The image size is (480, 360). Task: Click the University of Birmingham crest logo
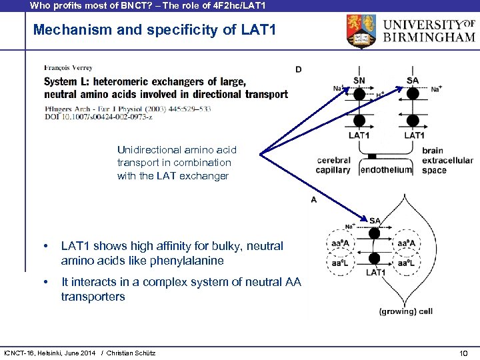click(x=363, y=31)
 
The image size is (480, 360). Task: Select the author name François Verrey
click(x=68, y=67)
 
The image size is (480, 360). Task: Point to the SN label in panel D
click(x=359, y=81)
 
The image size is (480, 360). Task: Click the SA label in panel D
click(x=413, y=81)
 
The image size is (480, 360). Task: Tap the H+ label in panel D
click(x=380, y=96)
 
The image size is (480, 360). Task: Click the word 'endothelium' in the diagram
click(x=386, y=170)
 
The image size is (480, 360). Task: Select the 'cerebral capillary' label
click(x=333, y=165)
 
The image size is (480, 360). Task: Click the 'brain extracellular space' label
click(x=447, y=161)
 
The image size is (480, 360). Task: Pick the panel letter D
click(x=298, y=69)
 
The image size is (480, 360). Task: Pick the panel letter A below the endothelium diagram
click(x=313, y=199)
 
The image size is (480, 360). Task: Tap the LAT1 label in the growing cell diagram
click(x=376, y=272)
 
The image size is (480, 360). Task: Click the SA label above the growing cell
click(x=375, y=221)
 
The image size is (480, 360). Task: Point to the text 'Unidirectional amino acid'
click(x=176, y=149)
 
